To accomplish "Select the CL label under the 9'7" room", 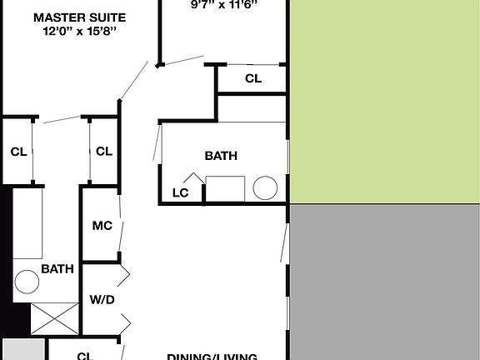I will pos(253,79).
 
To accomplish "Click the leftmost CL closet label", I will pos(18,152).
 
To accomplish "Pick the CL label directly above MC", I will pos(103,152).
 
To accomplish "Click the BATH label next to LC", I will pos(221,156).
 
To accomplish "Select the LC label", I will pos(181,192).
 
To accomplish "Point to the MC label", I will pos(102,226).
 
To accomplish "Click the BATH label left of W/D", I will pos(57,269).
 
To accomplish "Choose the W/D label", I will pos(102,299).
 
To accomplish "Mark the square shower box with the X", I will pos(52,318).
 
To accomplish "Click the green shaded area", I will pos(383,100).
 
